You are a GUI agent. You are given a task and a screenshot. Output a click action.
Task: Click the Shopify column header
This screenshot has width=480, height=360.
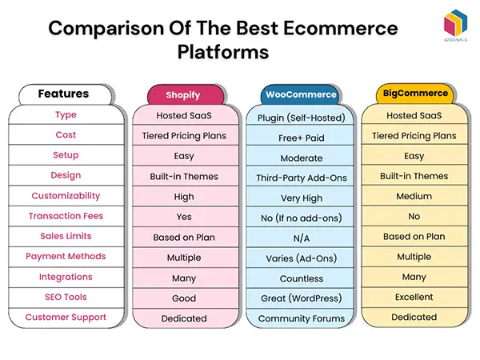pos(184,95)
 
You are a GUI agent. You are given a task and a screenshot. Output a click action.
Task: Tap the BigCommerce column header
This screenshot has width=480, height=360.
pos(413,94)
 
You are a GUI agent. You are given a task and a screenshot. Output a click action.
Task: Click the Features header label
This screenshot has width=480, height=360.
pos(63,94)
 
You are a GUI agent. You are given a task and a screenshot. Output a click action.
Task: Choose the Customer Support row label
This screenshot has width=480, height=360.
pos(66,318)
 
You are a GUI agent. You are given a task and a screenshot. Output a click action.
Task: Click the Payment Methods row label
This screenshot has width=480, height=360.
pos(66,257)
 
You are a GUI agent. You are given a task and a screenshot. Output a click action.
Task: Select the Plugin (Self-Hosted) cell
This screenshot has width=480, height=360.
pos(302,118)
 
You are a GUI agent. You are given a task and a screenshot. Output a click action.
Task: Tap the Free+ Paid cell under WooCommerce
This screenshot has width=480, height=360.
pos(302,138)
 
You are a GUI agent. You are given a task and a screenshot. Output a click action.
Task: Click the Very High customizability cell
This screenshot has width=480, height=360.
pos(302,198)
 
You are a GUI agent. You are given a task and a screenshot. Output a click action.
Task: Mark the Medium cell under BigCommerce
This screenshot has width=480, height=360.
pos(414,196)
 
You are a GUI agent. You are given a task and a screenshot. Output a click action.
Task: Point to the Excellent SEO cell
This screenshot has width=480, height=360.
pos(414,297)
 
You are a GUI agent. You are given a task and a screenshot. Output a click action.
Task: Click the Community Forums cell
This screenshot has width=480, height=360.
pos(302,318)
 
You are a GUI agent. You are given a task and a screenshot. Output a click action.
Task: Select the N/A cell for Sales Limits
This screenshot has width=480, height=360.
pos(302,238)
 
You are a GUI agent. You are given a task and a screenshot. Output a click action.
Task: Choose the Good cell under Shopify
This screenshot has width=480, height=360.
pos(184,298)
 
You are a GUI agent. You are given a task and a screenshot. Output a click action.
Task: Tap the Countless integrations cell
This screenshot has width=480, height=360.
pos(302,278)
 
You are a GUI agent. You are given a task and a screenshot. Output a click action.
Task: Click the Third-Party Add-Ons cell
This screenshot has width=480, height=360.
pos(302,178)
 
